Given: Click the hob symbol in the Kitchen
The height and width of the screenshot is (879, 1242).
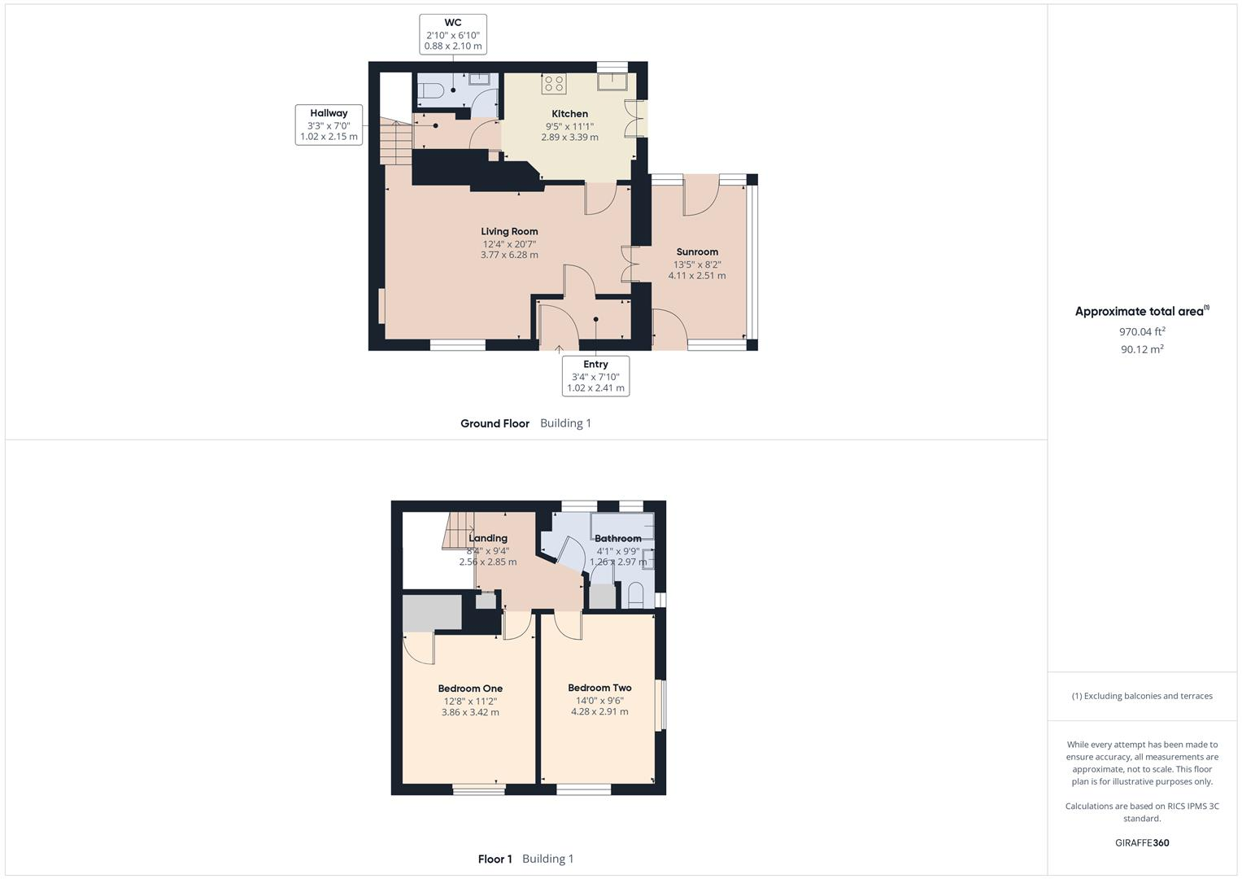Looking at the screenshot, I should (x=554, y=83).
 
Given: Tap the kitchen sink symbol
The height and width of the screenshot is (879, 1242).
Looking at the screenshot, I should (x=611, y=81).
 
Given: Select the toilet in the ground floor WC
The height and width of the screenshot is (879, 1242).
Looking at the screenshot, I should (x=429, y=90).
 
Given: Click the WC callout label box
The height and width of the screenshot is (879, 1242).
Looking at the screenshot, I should (x=453, y=34).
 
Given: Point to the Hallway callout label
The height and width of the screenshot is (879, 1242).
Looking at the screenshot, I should (x=329, y=125).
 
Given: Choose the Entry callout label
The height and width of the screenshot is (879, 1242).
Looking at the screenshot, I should (x=595, y=376).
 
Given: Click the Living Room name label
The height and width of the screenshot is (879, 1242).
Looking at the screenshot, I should (x=509, y=231).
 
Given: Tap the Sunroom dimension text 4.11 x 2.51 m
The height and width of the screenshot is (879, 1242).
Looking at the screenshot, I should (x=697, y=276).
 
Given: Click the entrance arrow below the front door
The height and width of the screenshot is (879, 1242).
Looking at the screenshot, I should (x=560, y=350).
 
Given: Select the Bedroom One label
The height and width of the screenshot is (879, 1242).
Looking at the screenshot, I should (x=470, y=689).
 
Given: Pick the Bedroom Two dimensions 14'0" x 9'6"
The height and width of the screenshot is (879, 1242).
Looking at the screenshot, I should (x=599, y=700).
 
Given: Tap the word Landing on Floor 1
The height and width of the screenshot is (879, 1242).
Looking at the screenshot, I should (x=488, y=538).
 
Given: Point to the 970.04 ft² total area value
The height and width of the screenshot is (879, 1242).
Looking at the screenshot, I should (x=1142, y=331).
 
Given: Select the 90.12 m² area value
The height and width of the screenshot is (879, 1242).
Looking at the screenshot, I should (x=1142, y=349).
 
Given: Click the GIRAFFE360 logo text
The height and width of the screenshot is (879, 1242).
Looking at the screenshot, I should (x=1142, y=843).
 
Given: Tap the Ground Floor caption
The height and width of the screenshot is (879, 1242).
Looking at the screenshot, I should (x=495, y=423).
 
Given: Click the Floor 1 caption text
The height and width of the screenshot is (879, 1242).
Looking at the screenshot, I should (x=495, y=859).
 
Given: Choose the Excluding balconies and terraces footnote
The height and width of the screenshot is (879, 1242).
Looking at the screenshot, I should (x=1142, y=696).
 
